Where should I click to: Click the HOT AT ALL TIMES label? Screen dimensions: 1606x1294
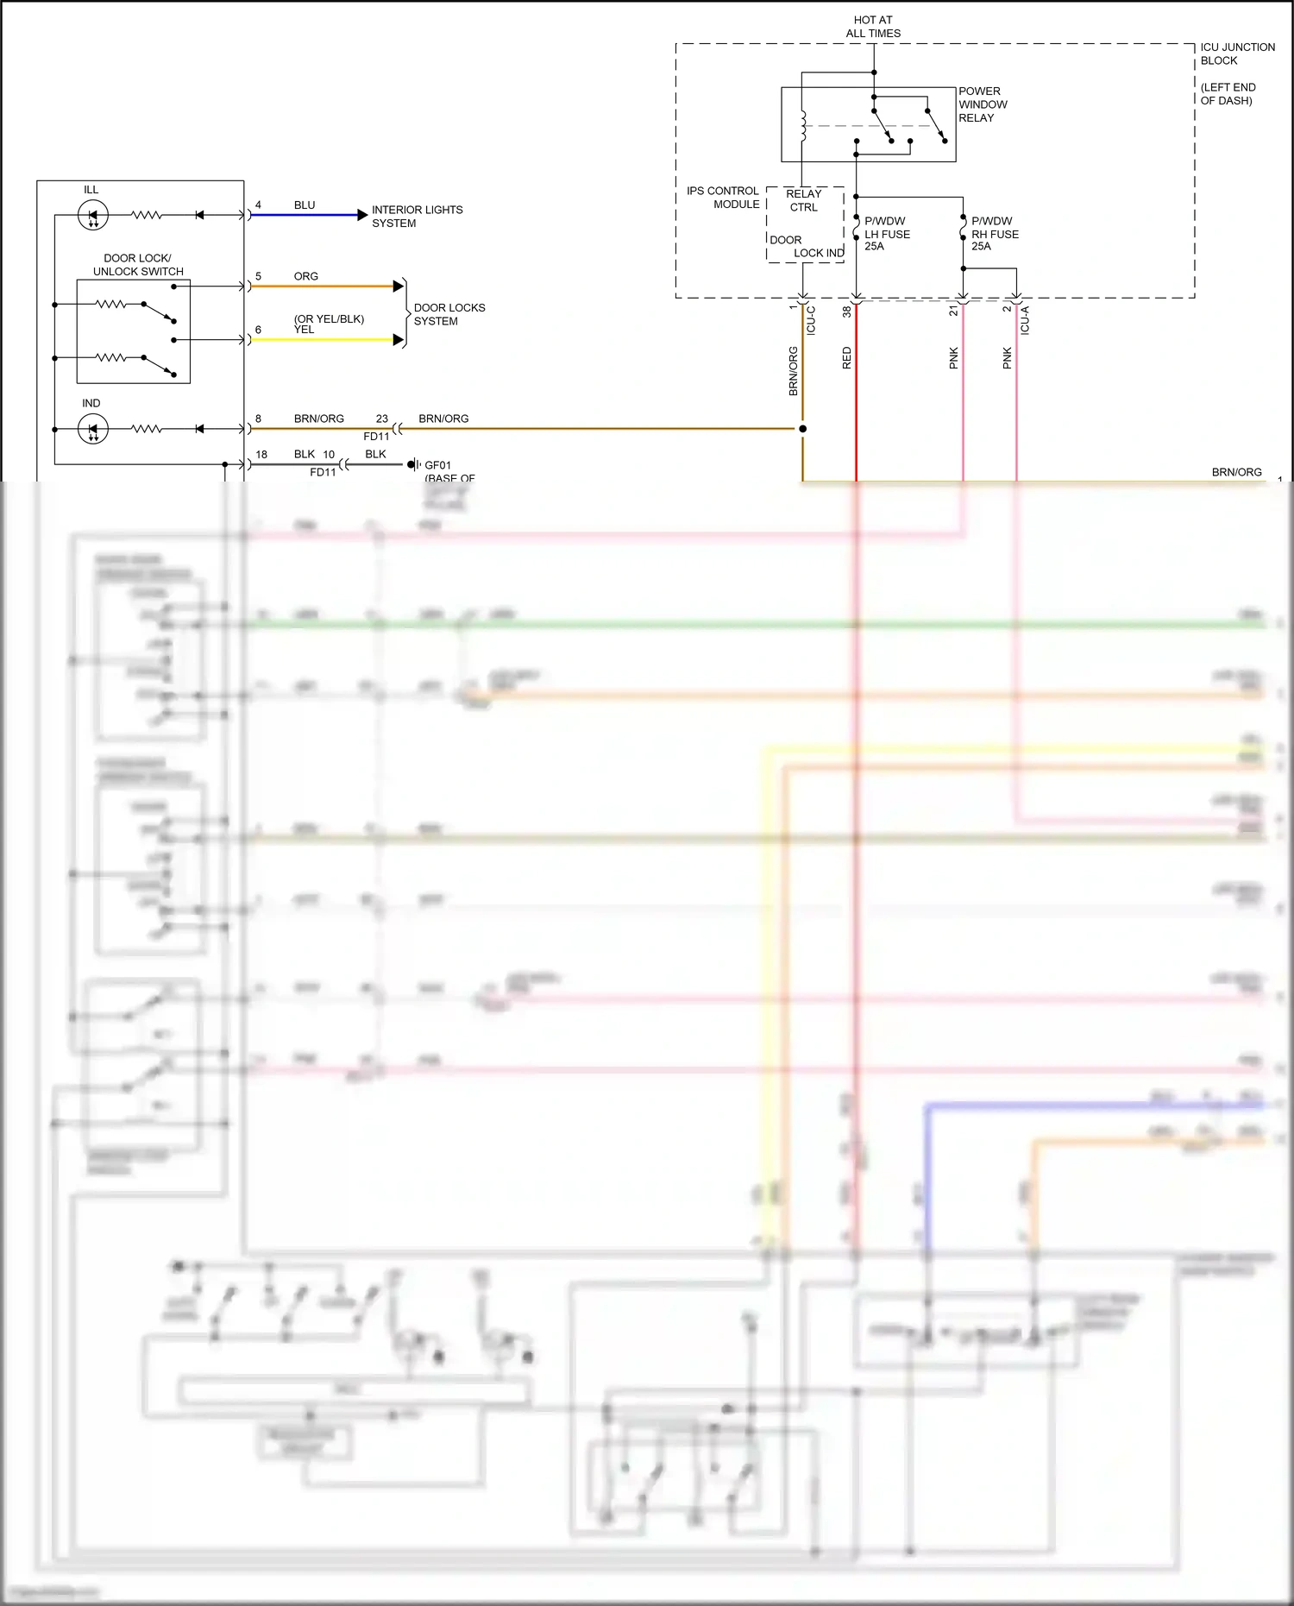(873, 27)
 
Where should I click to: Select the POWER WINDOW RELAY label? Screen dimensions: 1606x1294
(983, 104)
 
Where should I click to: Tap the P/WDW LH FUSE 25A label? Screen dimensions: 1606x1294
(887, 234)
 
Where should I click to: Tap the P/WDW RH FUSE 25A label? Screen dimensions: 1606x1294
(995, 234)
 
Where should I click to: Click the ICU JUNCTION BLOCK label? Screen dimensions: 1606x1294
(1237, 54)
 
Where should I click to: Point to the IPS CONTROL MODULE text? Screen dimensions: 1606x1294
(723, 198)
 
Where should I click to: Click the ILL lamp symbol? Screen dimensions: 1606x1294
(93, 215)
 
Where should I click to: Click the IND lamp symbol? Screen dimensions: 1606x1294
(93, 429)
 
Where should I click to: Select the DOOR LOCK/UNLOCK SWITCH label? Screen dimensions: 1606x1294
(138, 265)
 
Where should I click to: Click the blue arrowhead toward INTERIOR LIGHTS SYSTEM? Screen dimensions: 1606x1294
(362, 215)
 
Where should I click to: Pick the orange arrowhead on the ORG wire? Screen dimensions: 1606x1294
(399, 286)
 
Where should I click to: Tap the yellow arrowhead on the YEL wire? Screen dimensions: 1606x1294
(399, 340)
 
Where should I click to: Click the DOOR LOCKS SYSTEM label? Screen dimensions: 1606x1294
(449, 314)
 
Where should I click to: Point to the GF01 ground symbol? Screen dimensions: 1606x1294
(414, 464)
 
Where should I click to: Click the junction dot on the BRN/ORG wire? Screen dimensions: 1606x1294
(803, 429)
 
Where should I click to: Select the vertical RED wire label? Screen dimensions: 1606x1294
(846, 358)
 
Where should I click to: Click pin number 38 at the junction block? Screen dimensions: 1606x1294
(846, 312)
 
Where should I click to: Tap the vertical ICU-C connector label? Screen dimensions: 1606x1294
(811, 320)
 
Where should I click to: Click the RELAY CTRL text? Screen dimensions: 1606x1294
(803, 200)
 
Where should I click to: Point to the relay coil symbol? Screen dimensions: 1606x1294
(803, 125)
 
